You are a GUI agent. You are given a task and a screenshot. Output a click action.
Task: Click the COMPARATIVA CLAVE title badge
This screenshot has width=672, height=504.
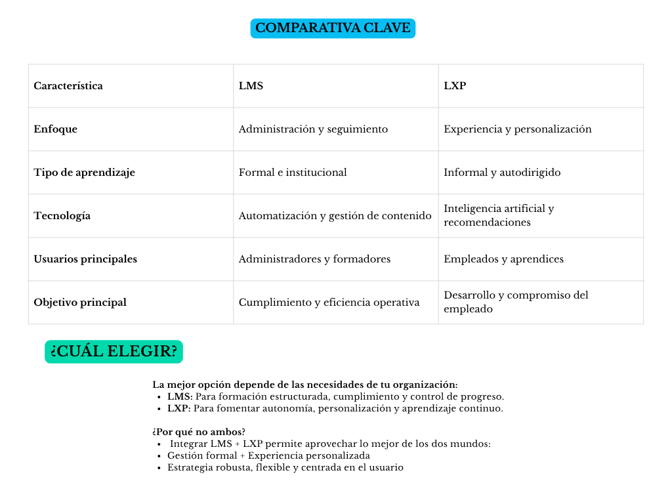pos(333,28)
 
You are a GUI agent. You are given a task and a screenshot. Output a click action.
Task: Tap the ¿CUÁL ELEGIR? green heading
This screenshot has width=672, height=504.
pos(114,352)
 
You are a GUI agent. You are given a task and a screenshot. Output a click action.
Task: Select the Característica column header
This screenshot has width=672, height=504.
pos(68,86)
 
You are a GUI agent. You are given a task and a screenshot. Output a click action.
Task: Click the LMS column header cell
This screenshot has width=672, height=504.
pos(251,86)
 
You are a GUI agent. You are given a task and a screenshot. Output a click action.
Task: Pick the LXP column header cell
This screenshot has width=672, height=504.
pos(455,86)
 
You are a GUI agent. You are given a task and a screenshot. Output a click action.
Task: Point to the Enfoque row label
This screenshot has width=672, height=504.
pos(56,129)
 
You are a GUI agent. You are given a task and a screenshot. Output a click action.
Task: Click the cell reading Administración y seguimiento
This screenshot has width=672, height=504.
pos(313,129)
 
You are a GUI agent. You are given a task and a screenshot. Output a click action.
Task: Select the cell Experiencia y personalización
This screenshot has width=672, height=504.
pos(517,129)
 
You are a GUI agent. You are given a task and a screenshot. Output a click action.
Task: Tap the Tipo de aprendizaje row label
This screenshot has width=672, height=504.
pos(84,173)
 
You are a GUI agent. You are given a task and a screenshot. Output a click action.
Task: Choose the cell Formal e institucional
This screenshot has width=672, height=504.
pos(293,173)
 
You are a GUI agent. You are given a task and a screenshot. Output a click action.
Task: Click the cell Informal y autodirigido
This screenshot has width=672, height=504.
pos(502,173)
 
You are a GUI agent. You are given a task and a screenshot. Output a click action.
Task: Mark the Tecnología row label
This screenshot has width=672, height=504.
pos(62,216)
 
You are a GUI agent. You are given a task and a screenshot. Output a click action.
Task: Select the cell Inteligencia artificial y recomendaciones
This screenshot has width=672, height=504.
pos(499,215)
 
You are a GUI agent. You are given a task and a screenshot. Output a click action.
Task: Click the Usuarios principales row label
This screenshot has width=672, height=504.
pos(85,259)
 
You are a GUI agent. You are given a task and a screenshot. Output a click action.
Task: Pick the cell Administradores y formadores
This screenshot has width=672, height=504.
pos(314,259)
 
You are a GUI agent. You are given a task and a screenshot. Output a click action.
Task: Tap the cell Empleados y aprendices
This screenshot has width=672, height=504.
pos(503,259)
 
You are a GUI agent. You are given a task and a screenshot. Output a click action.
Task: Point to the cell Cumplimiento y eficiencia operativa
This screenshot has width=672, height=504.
pos(329,303)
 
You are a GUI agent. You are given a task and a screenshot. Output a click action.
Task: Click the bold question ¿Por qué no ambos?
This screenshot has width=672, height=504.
pos(199,432)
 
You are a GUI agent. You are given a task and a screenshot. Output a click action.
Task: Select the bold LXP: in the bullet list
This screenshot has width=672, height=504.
pos(178,408)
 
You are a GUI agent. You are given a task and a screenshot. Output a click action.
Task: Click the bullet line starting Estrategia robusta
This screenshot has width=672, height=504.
pos(285,467)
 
